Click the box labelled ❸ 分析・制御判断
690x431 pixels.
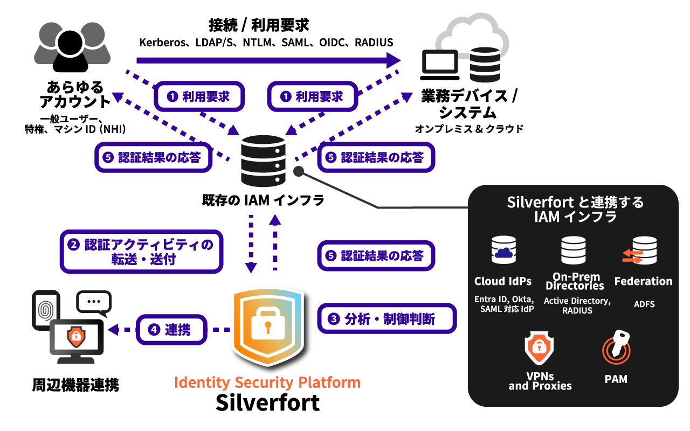(387, 319)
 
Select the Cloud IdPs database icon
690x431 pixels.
(503, 251)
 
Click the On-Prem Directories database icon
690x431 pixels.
(574, 251)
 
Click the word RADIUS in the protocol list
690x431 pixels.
(374, 43)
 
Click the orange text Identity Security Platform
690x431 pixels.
(267, 383)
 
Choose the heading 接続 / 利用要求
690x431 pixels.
(259, 25)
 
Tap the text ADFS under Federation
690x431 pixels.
(644, 304)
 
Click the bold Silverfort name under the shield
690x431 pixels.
(267, 403)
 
